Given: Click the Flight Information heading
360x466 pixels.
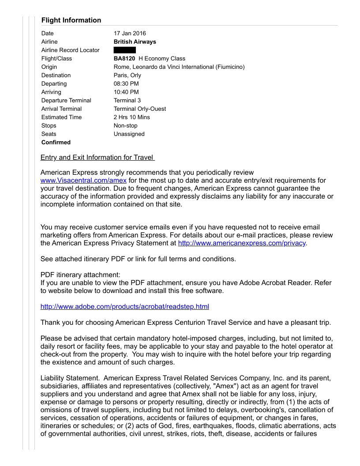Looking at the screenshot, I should click(x=71, y=20).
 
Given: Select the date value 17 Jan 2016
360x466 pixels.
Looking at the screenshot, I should click(x=130, y=34).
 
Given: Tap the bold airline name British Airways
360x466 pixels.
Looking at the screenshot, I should click(x=135, y=42).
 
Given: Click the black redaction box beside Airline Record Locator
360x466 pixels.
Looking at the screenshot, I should click(x=125, y=50).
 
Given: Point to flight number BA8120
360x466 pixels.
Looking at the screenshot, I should click(x=124, y=59).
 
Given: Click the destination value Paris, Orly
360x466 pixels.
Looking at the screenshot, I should click(x=127, y=75).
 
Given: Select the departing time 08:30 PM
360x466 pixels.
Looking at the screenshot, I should click(x=126, y=84).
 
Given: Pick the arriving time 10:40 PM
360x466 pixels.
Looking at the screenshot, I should click(x=126, y=92).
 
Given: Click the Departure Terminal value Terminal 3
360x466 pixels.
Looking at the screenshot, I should click(x=127, y=101).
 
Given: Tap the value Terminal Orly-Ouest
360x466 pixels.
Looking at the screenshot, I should click(x=140, y=109).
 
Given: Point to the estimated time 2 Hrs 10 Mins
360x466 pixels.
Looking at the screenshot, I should click(x=132, y=117).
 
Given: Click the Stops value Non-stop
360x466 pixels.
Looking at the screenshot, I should click(x=126, y=126).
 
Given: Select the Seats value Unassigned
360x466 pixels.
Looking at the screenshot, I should click(x=129, y=134).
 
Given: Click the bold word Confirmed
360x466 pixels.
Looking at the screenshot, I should click(x=56, y=143).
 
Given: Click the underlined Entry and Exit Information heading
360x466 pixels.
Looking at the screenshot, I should click(x=97, y=158).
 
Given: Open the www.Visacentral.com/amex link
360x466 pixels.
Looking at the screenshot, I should click(x=83, y=180).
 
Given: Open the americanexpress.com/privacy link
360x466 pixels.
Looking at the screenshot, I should click(x=242, y=243).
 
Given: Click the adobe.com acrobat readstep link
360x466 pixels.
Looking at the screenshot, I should click(x=125, y=307).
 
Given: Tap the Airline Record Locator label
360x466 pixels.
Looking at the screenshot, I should click(x=71, y=50).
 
